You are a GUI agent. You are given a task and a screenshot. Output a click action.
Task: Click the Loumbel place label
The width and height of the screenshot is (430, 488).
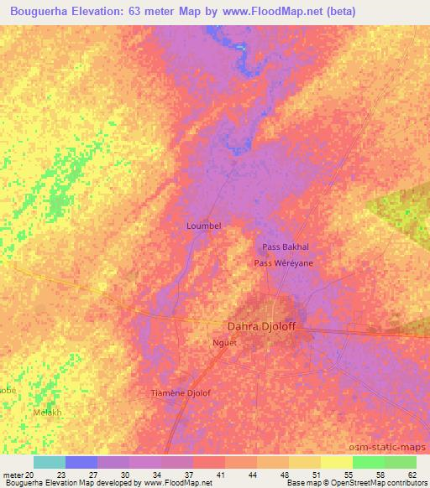[x=202, y=226]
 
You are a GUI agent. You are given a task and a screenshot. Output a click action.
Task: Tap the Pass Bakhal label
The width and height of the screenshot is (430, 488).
[x=286, y=247]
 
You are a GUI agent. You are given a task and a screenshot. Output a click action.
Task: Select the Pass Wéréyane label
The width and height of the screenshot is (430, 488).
[x=283, y=262]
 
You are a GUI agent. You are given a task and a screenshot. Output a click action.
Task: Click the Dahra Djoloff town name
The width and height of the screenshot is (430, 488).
[x=262, y=326]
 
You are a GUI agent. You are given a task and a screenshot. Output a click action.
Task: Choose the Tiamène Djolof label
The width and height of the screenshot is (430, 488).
[x=180, y=392]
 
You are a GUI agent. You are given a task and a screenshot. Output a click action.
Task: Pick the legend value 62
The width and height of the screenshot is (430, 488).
[x=411, y=474]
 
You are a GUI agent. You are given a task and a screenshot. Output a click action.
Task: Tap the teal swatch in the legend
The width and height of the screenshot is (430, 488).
[x=49, y=462]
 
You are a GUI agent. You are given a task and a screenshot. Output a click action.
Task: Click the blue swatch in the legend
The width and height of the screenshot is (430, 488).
[x=81, y=462]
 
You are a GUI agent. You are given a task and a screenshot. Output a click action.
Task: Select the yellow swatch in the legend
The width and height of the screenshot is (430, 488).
[x=336, y=462]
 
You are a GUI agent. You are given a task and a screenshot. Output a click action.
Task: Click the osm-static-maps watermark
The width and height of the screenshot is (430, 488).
[x=396, y=448]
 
